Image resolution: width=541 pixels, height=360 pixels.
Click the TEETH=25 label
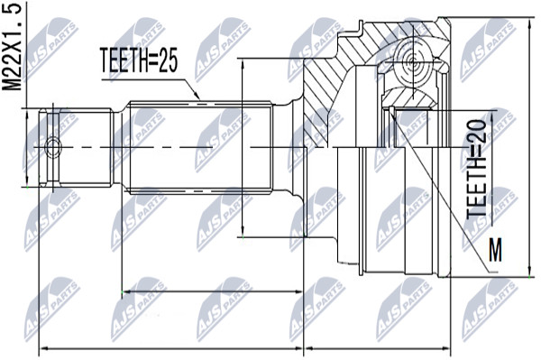tap(139, 60)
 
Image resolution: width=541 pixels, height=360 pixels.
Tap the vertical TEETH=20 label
tap(477, 169)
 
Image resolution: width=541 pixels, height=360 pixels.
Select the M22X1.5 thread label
tap(13, 46)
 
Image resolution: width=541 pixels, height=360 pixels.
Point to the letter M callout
tap(496, 250)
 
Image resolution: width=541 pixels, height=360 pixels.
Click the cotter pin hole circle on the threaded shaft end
tap(53, 147)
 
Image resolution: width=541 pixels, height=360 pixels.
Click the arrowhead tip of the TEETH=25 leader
tap(200, 100)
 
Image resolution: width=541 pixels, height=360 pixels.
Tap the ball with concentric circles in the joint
tap(413, 63)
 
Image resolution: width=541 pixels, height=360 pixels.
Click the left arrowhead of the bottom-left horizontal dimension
tap(42, 348)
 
